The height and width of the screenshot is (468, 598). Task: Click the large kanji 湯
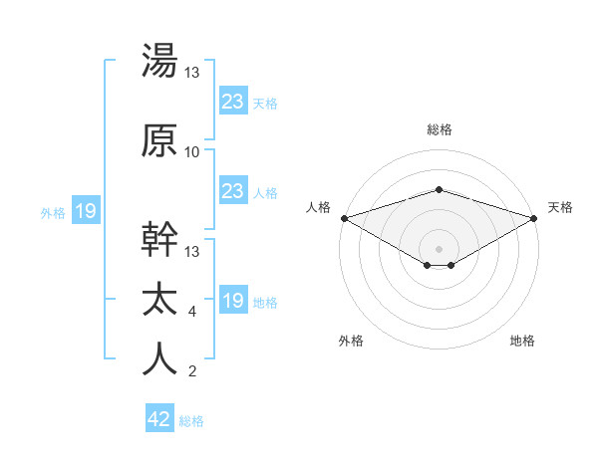tap(160, 62)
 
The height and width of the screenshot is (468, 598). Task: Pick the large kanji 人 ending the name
tap(160, 359)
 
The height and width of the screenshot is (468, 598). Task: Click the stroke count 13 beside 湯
tap(192, 74)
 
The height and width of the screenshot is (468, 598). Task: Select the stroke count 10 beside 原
tap(192, 152)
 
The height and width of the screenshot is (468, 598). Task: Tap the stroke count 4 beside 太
tap(191, 313)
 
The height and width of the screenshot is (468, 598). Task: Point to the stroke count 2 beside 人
tap(191, 372)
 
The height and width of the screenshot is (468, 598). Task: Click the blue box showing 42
tap(159, 420)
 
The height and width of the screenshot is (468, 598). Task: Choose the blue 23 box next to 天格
tap(233, 101)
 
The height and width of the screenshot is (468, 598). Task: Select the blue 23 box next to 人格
tap(233, 191)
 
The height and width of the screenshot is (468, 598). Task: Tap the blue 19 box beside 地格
tap(233, 301)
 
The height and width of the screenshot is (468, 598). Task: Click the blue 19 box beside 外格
tap(86, 211)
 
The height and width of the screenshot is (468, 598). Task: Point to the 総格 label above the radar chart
tap(439, 129)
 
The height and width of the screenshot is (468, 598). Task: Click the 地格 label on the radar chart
tap(522, 341)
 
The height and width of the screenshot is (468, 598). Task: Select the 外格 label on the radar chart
tap(351, 341)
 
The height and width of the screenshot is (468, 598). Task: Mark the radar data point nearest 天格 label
tap(534, 218)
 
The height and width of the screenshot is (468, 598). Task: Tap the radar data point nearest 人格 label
tap(344, 218)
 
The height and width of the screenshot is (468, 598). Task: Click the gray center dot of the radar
tap(439, 248)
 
